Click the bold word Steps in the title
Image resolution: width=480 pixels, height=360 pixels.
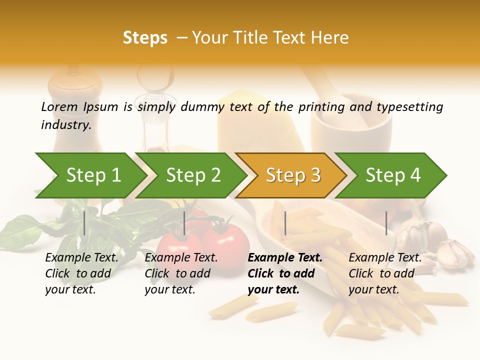[x=145, y=38]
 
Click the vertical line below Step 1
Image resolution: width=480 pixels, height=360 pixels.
[x=84, y=223]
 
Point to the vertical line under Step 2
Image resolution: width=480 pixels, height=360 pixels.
[x=184, y=223]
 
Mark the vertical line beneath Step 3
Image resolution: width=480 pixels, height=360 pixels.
[x=285, y=223]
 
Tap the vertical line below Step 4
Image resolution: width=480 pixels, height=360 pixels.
[x=386, y=223]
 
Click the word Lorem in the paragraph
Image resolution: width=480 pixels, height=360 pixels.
[x=59, y=106]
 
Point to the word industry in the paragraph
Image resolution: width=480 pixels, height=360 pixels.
[x=66, y=124]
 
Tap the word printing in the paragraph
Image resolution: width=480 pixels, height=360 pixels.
[x=321, y=106]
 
